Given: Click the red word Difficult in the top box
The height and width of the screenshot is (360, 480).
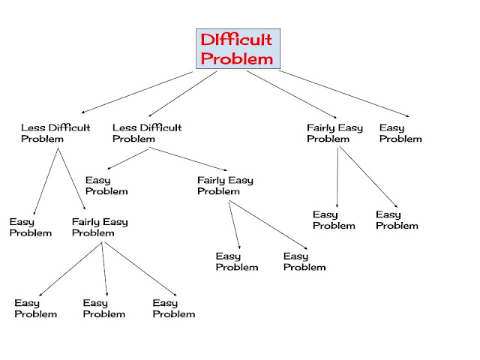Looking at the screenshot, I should pyautogui.click(x=235, y=40).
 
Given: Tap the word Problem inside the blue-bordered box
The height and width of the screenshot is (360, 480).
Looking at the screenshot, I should pyautogui.click(x=235, y=58).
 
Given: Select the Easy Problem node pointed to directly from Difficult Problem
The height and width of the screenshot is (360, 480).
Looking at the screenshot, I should pyautogui.click(x=400, y=133).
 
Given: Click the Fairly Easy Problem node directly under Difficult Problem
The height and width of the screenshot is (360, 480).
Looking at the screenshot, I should pyautogui.click(x=334, y=133).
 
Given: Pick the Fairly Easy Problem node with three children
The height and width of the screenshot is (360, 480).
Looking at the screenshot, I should pyautogui.click(x=100, y=227).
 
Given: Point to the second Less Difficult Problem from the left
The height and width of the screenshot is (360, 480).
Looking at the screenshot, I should pyautogui.click(x=147, y=133).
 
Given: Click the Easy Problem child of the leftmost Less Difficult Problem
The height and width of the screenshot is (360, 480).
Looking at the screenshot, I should pyautogui.click(x=31, y=227).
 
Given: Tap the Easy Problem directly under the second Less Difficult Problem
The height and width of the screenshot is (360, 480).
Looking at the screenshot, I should pyautogui.click(x=106, y=185).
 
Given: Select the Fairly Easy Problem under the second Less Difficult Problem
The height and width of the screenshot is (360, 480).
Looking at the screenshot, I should pyautogui.click(x=225, y=185).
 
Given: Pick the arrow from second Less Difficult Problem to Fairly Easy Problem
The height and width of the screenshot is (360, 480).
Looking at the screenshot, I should pyautogui.click(x=187, y=159).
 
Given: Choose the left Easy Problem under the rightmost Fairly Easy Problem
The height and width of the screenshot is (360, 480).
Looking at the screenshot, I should pyautogui.click(x=334, y=220).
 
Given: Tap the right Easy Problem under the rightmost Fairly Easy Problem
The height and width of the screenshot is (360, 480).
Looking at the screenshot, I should pyautogui.click(x=397, y=220).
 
